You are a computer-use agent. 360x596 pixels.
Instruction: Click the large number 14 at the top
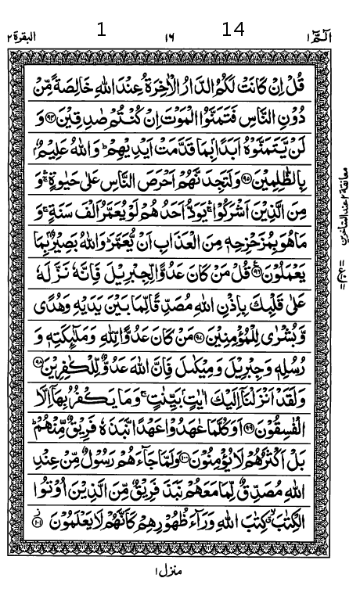233,30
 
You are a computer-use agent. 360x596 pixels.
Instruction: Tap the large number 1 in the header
100,31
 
